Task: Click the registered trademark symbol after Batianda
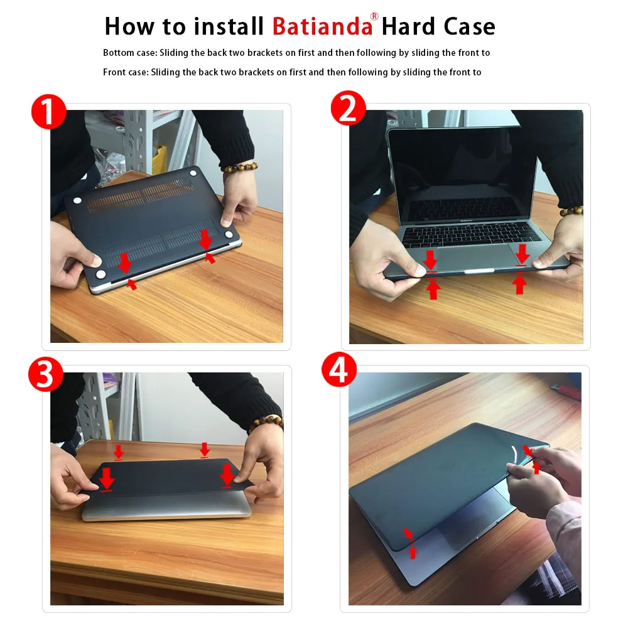tap(374, 17)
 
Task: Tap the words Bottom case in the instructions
tap(126, 53)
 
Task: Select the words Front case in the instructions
tap(124, 72)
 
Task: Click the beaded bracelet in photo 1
tap(239, 168)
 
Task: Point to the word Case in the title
tap(468, 26)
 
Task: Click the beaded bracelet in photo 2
tap(571, 211)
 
